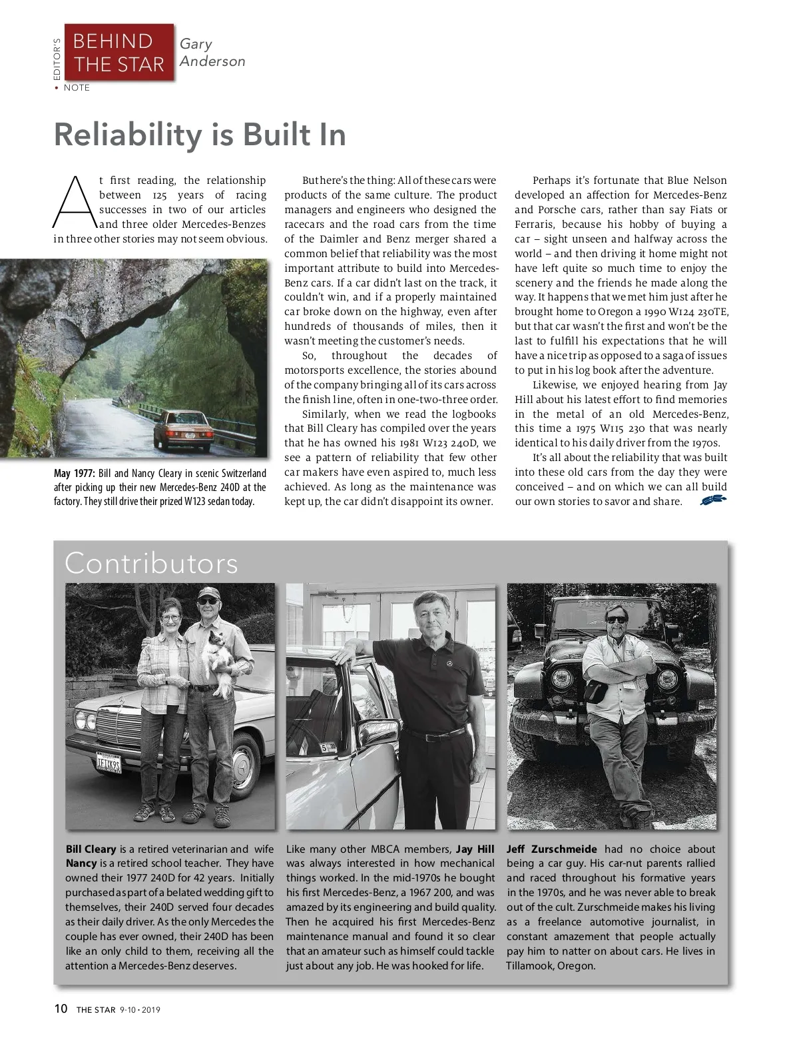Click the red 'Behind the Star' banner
click(119, 53)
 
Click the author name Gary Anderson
click(212, 53)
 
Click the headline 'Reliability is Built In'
click(200, 135)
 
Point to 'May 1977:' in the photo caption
click(75, 474)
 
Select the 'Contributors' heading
click(151, 564)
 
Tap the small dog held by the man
click(218, 657)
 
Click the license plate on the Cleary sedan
click(108, 763)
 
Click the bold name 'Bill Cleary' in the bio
click(91, 849)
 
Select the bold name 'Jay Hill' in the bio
click(475, 849)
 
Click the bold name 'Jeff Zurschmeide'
click(551, 849)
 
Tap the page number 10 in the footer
click(61, 1009)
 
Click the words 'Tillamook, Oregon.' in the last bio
click(551, 965)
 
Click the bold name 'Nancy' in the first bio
click(81, 864)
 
